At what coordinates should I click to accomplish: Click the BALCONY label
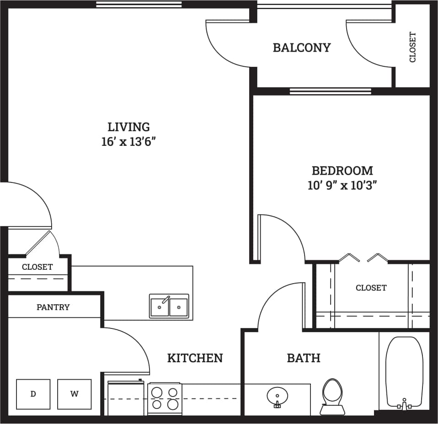pos(301,48)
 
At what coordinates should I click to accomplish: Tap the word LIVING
pos(128,127)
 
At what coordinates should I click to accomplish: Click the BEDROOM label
pos(342,171)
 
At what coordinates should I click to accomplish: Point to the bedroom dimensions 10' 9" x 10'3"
pos(342,186)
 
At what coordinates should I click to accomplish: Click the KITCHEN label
pos(195,358)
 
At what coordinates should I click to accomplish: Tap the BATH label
pos(303,358)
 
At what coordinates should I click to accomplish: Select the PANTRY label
pos(53,307)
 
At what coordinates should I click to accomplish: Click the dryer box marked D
pos(33,394)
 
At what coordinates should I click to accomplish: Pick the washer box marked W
pos(74,394)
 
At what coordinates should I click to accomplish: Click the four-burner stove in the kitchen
pos(165,398)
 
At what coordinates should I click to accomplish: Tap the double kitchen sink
pos(169,306)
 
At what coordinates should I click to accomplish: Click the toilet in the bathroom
pos(331,395)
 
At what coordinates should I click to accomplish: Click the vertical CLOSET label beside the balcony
pos(412,47)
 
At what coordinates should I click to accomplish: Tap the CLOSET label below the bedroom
pos(371,288)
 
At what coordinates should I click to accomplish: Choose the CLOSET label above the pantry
pos(37,267)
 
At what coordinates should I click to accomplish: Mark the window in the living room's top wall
pos(139,5)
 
